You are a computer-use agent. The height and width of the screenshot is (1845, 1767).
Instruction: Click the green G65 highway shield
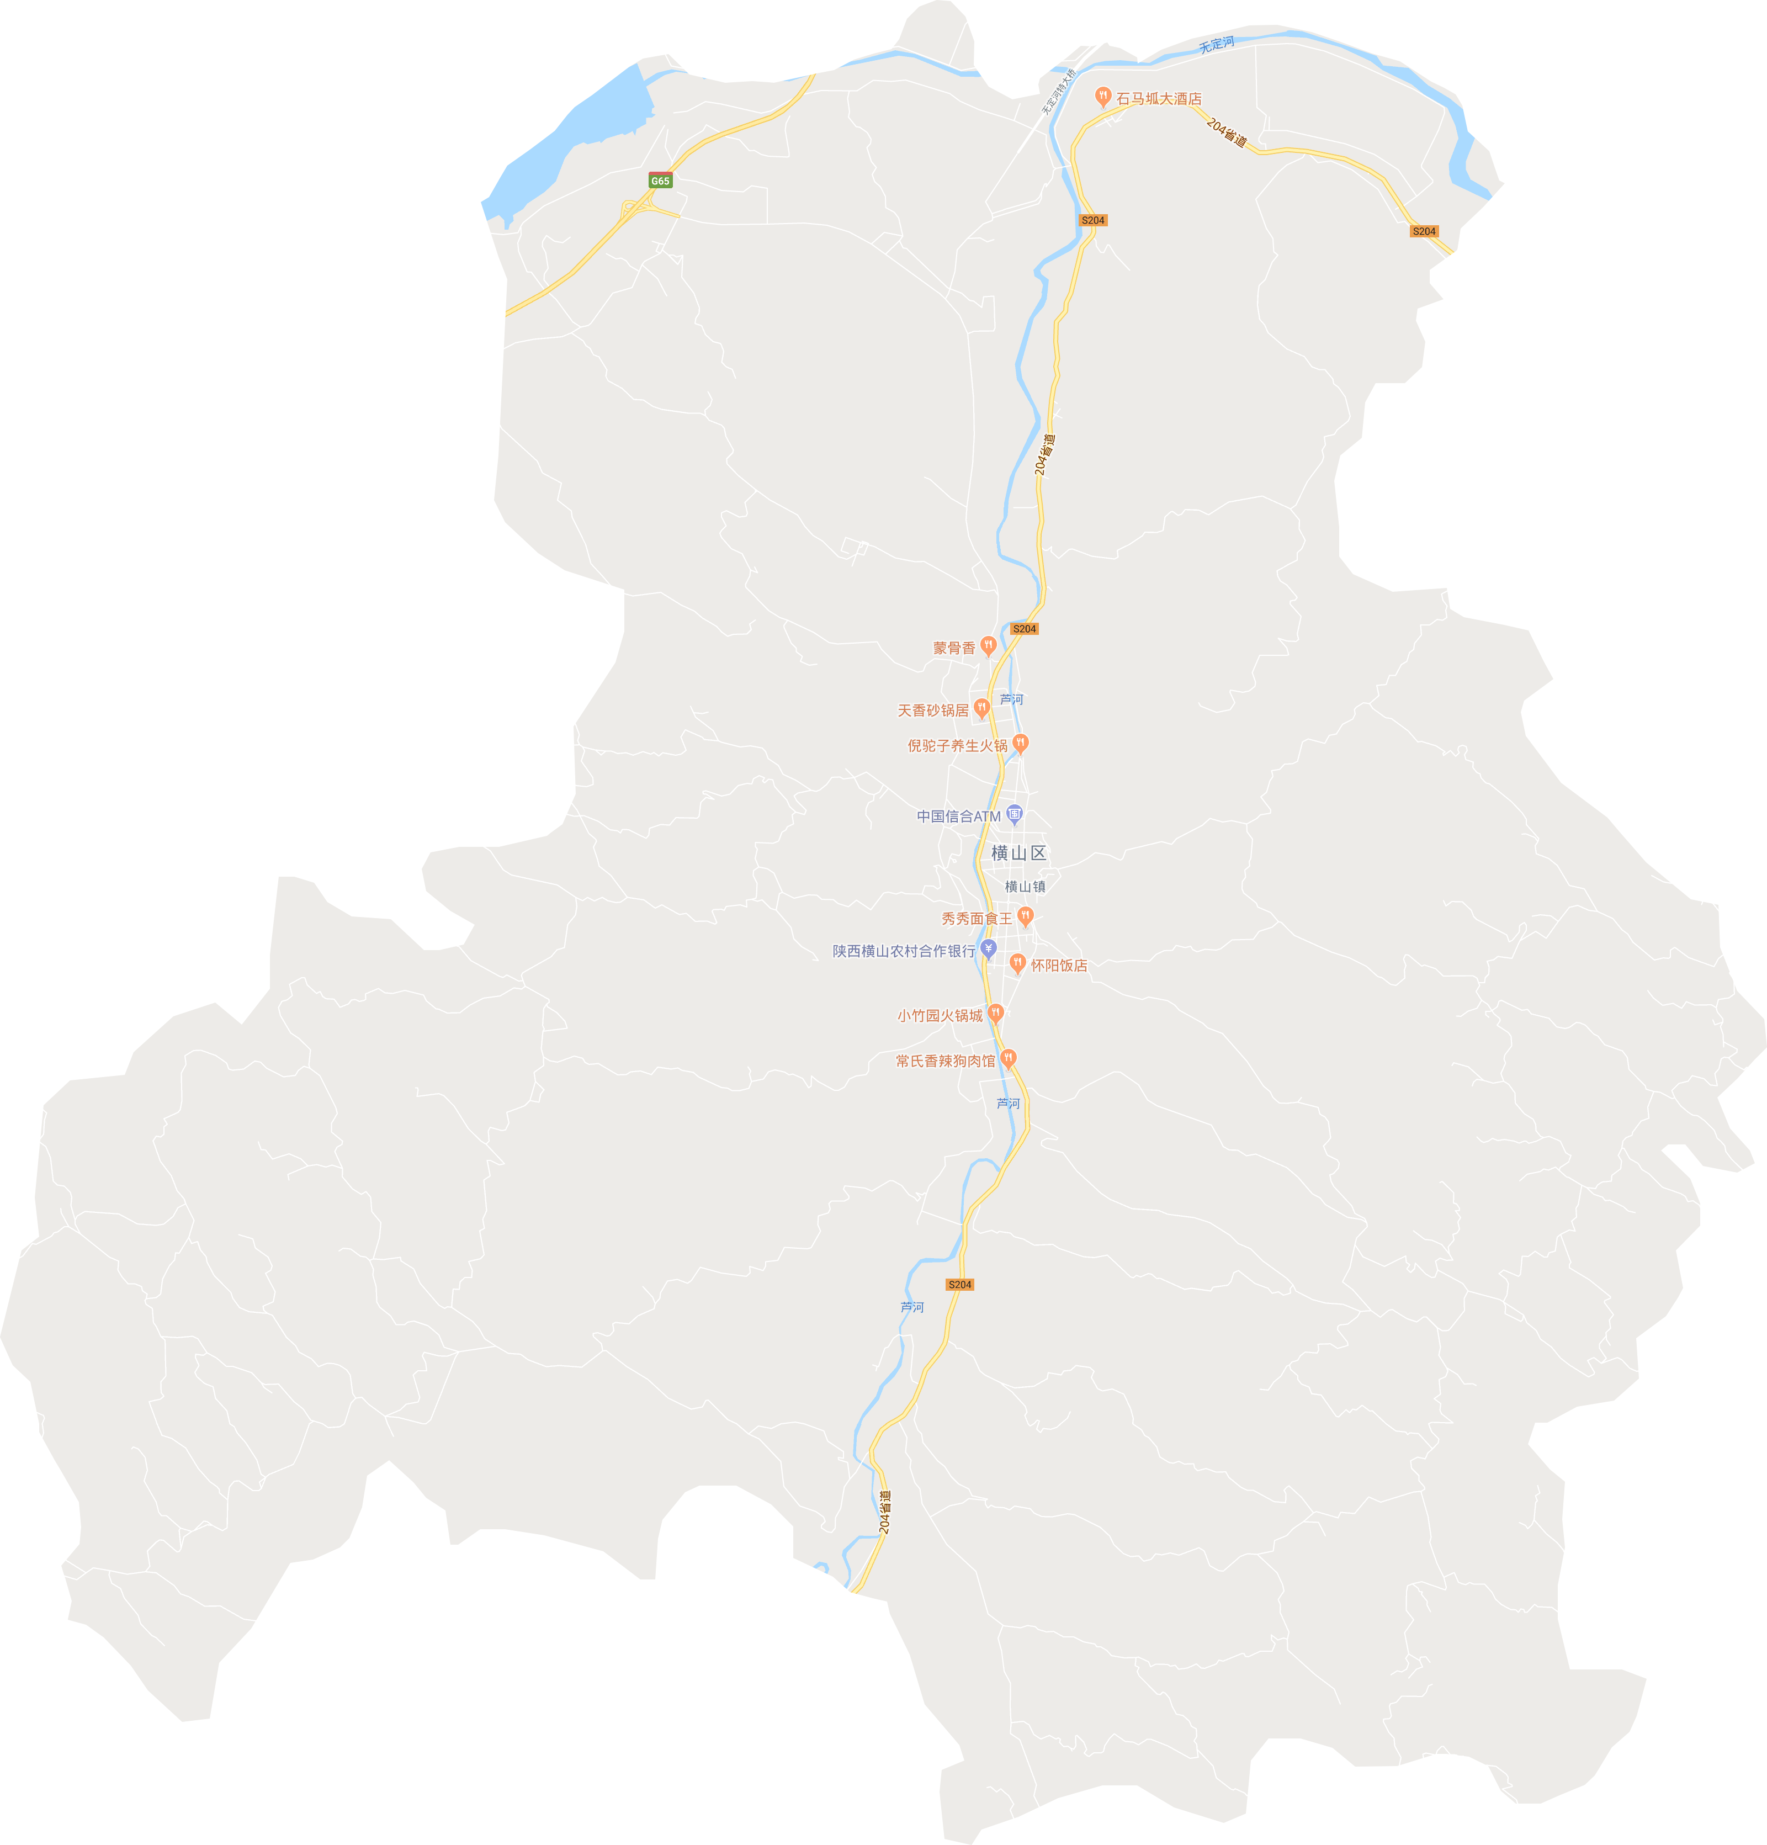(660, 181)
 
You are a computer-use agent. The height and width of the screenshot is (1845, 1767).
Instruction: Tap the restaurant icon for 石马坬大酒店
(1103, 97)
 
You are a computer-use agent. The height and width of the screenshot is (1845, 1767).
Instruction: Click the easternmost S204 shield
(1424, 231)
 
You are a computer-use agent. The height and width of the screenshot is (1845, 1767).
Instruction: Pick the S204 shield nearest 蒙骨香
(1024, 629)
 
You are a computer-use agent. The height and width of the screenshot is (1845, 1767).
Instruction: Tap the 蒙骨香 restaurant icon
(988, 646)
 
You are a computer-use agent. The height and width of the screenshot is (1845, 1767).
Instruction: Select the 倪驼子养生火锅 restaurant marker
(1021, 745)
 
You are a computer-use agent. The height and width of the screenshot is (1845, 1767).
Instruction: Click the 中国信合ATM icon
(1014, 814)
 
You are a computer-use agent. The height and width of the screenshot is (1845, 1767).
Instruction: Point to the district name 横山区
(1018, 853)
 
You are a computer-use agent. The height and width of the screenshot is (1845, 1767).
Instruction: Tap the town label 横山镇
(1024, 886)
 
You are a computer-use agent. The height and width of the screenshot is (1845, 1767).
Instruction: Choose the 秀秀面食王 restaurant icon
(1026, 917)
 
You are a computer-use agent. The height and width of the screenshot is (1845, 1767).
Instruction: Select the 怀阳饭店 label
(1059, 965)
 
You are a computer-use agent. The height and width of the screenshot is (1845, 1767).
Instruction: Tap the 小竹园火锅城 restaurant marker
(996, 1014)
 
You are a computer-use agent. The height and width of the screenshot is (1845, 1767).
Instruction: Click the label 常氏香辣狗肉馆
(945, 1061)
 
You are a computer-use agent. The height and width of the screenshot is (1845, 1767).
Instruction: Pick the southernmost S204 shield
(959, 1285)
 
